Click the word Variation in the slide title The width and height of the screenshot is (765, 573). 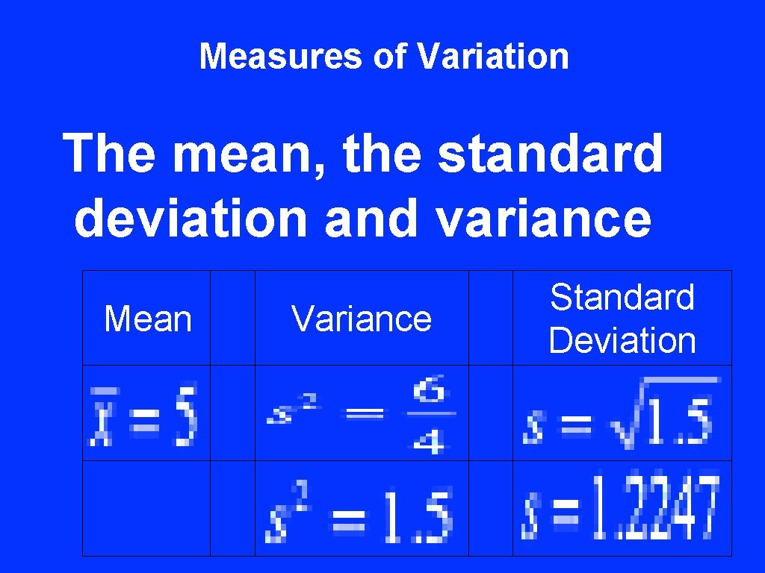(x=493, y=56)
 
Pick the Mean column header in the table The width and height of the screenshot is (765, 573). (x=147, y=319)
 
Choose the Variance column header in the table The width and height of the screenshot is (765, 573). (x=362, y=319)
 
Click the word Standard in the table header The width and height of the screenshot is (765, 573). (x=622, y=298)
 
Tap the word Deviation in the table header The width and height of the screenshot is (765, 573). (x=622, y=341)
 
